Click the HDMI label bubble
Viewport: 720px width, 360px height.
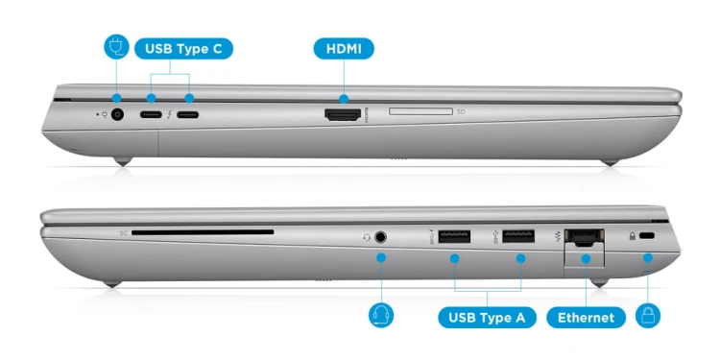[344, 49]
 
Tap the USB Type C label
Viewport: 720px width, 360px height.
[183, 49]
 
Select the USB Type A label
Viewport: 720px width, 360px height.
[487, 318]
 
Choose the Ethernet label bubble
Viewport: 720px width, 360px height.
[586, 318]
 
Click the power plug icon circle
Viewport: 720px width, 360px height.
[116, 47]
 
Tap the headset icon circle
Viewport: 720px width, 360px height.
[381, 316]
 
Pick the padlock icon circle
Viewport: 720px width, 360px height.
[648, 316]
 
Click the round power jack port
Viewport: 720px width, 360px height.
[117, 114]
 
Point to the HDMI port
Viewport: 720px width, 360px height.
[343, 114]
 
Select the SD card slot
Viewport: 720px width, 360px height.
[420, 111]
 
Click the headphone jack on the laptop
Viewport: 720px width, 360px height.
[380, 237]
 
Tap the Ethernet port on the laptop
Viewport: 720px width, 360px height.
[584, 237]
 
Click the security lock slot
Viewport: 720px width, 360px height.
[647, 235]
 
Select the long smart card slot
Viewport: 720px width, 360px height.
[203, 232]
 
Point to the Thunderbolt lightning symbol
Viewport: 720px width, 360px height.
[169, 114]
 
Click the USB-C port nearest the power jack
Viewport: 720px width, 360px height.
[151, 114]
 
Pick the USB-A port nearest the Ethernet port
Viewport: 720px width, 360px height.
[518, 236]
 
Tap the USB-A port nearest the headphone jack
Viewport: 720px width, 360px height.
[454, 236]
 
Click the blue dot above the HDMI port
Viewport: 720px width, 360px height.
[344, 98]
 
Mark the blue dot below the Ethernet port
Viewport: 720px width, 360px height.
[586, 258]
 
